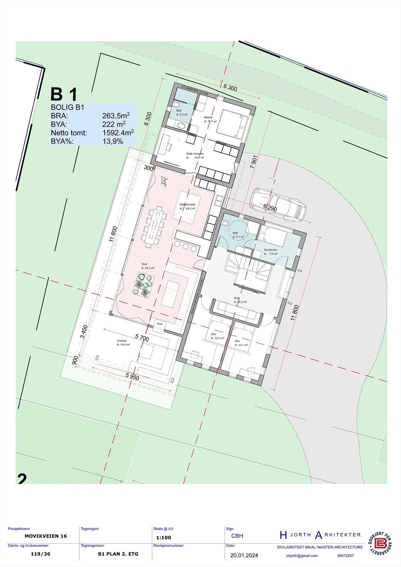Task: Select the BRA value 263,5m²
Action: tap(116, 116)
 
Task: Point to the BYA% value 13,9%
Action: tap(112, 141)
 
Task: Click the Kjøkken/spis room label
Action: tap(188, 205)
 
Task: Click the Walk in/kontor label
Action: tap(195, 154)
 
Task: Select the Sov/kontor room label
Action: tap(271, 250)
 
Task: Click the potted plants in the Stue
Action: tap(143, 286)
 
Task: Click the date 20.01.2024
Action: tap(244, 555)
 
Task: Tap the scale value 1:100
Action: tap(163, 537)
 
